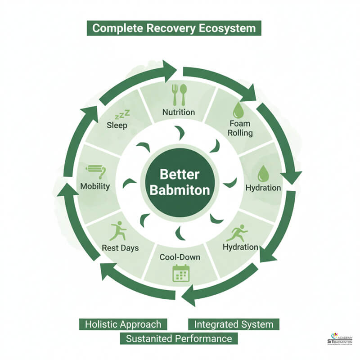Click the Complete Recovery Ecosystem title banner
coord(174,28)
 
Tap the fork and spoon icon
coord(179,95)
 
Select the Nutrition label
coord(179,112)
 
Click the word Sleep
coord(117,126)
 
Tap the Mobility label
coord(95,186)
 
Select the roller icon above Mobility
coord(96,171)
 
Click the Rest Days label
coord(120,248)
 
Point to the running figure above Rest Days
coord(118,231)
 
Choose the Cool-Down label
coord(180,257)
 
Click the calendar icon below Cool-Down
coord(181,273)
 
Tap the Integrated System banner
coord(234,324)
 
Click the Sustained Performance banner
coord(179,338)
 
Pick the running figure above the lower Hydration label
coord(237,233)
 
